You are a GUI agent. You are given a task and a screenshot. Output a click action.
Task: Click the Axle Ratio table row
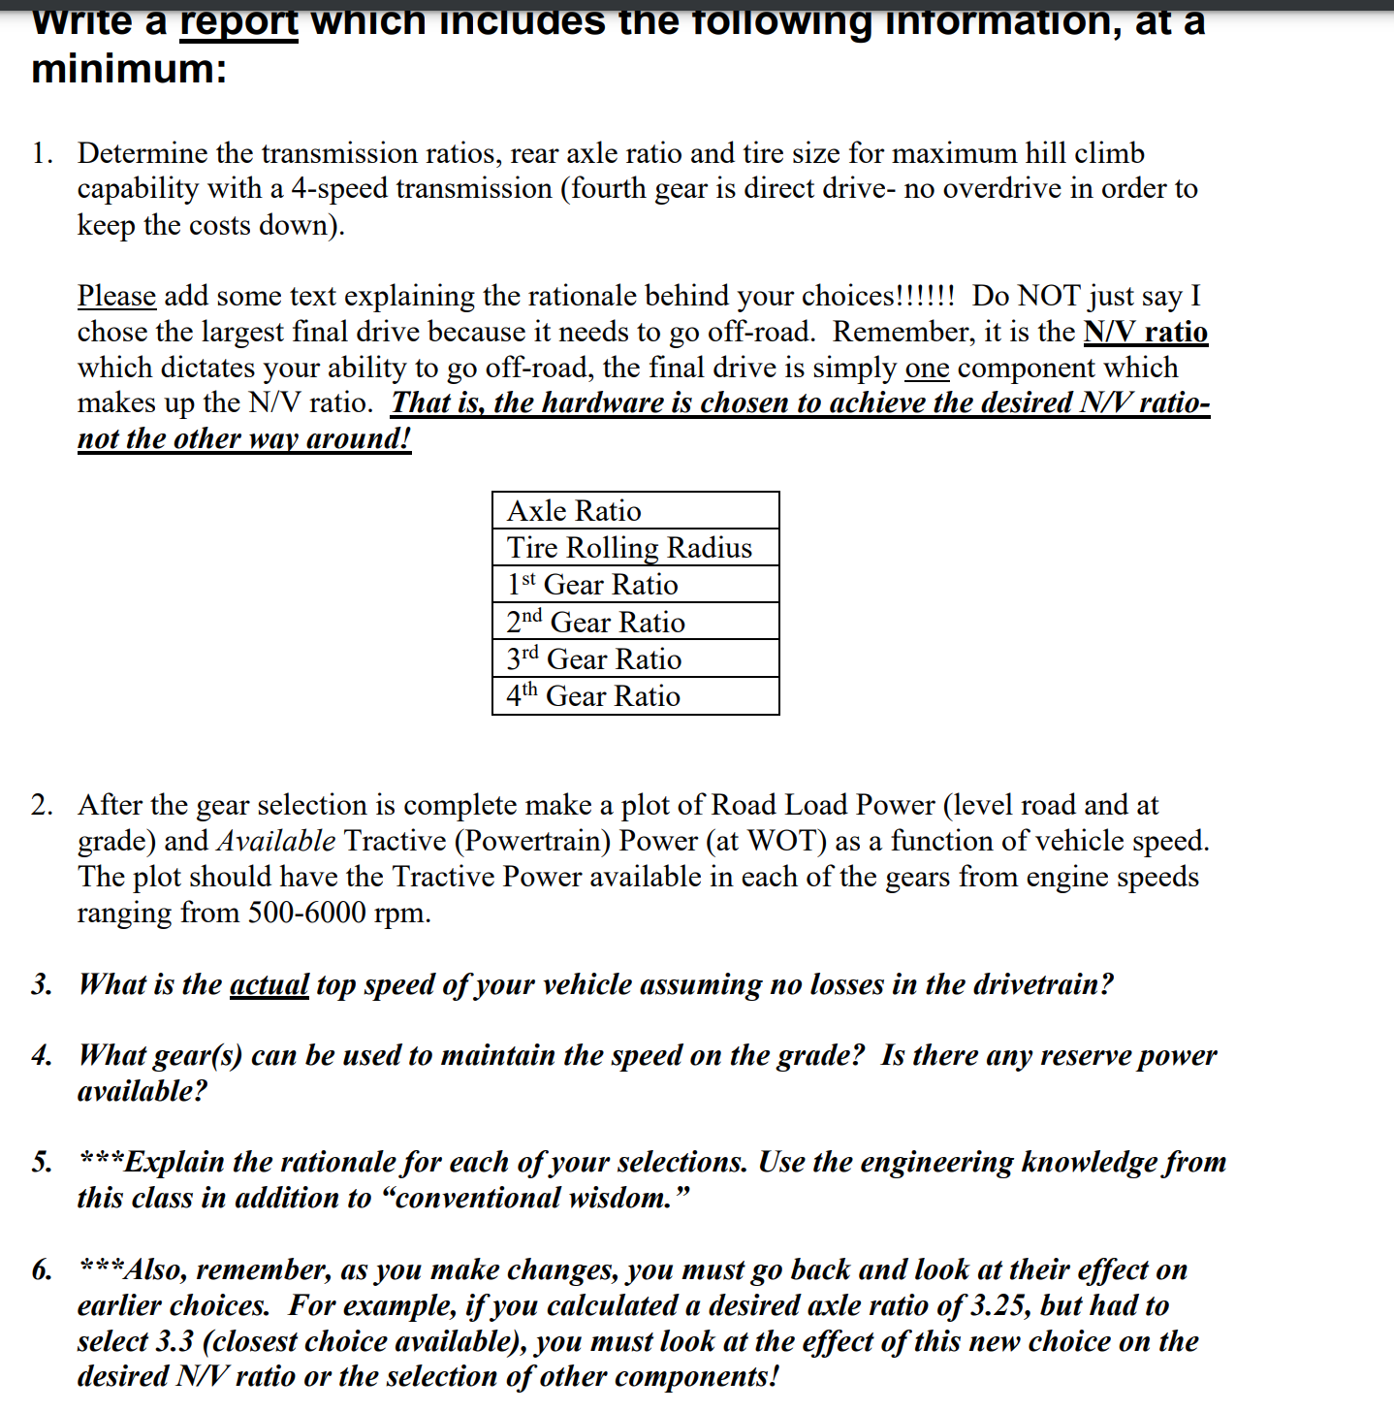[x=635, y=510]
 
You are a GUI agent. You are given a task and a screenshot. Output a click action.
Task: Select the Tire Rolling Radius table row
[x=635, y=547]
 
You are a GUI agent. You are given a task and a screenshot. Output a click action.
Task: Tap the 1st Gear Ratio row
[x=635, y=585]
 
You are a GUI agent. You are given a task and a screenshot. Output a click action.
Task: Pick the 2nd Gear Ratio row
[x=635, y=622]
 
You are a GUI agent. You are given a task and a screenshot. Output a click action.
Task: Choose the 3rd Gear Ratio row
[x=635, y=659]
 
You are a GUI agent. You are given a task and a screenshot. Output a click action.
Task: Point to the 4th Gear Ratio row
[x=635, y=696]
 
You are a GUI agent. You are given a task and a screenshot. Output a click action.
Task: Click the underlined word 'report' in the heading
[x=238, y=21]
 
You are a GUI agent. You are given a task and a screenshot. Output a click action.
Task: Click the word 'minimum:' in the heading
[x=129, y=69]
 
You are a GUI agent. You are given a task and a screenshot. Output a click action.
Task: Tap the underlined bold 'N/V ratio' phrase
[x=1145, y=332]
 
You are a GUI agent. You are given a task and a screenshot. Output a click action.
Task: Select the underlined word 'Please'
[x=116, y=296]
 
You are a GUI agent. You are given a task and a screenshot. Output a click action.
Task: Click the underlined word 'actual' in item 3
[x=269, y=984]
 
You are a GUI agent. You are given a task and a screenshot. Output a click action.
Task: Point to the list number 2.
[x=42, y=805]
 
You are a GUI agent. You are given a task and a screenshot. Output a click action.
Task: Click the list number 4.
[x=42, y=1055]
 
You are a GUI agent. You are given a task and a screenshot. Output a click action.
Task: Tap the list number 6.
[x=42, y=1269]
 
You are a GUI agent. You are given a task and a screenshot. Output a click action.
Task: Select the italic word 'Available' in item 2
[x=276, y=841]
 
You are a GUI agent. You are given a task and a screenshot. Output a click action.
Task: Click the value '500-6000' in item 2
[x=307, y=913]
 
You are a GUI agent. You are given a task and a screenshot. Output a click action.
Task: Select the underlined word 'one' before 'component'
[x=926, y=368]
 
